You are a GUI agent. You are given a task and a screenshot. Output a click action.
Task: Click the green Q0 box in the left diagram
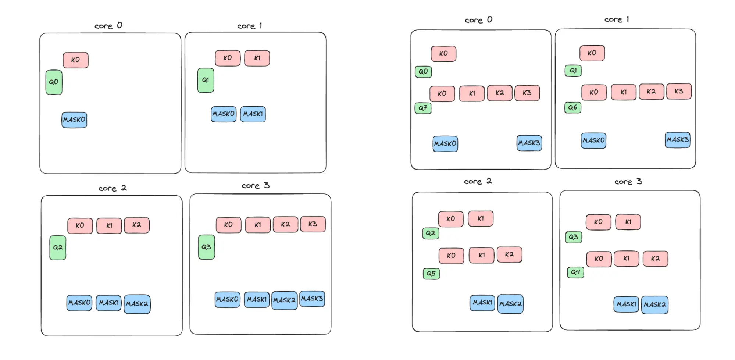pyautogui.click(x=54, y=82)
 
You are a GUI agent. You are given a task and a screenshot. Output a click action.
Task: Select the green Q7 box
pyautogui.click(x=423, y=108)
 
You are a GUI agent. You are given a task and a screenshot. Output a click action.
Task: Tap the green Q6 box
pyautogui.click(x=572, y=108)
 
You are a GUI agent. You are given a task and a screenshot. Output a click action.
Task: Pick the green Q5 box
pyautogui.click(x=431, y=274)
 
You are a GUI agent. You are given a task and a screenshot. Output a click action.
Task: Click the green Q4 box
pyautogui.click(x=575, y=272)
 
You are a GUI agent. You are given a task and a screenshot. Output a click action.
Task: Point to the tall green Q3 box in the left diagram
pyautogui.click(x=206, y=247)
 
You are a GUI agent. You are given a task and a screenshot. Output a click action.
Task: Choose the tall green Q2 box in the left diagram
pyautogui.click(x=58, y=248)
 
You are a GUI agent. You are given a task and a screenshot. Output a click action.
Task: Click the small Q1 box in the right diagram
pyautogui.click(x=573, y=71)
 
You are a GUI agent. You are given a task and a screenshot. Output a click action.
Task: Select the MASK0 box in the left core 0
pyautogui.click(x=74, y=120)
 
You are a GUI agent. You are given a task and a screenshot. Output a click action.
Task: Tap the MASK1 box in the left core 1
pyautogui.click(x=253, y=114)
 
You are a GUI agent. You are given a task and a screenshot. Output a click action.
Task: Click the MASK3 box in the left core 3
pyautogui.click(x=312, y=299)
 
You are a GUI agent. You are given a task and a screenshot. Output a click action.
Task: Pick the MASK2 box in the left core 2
pyautogui.click(x=137, y=304)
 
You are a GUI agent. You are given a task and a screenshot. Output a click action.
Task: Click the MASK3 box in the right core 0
pyautogui.click(x=529, y=143)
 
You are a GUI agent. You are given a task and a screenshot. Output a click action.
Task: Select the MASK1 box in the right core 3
pyautogui.click(x=626, y=304)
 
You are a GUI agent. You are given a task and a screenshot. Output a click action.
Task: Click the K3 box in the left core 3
pyautogui.click(x=313, y=224)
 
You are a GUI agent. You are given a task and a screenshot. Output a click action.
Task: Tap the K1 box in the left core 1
pyautogui.click(x=257, y=58)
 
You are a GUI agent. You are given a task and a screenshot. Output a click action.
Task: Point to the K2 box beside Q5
pyautogui.click(x=509, y=254)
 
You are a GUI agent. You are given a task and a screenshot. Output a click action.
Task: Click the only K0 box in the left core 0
pyautogui.click(x=75, y=60)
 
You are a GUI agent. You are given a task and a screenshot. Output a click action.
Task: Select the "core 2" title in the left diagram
pyautogui.click(x=112, y=188)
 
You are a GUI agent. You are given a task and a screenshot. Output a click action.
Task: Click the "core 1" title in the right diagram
pyautogui.click(x=617, y=19)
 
